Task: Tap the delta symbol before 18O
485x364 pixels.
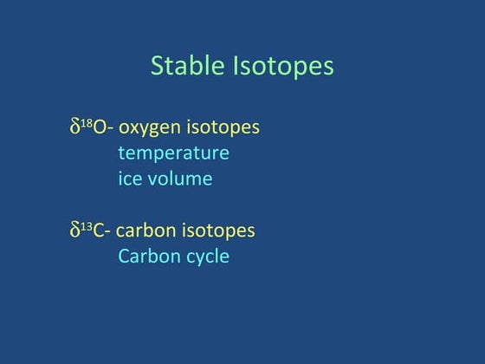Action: point(74,127)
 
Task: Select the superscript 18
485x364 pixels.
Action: point(86,124)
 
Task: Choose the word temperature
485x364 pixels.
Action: point(173,154)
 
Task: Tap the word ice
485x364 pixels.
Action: point(130,179)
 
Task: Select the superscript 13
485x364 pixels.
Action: point(86,226)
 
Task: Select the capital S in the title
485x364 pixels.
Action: point(158,67)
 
